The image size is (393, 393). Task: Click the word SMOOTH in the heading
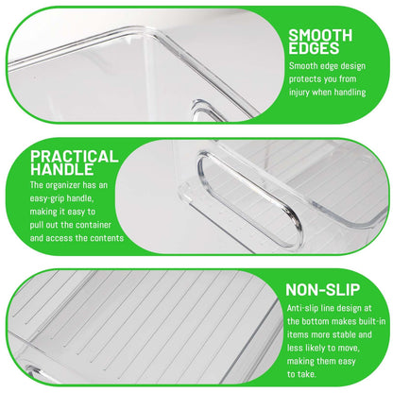320,36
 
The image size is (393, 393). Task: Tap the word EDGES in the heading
314,49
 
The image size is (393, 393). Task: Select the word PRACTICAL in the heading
75,157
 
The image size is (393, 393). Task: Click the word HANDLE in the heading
62,169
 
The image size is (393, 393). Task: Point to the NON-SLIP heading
323,290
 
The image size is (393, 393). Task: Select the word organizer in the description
63,185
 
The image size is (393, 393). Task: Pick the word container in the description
94,225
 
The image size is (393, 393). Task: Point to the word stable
345,334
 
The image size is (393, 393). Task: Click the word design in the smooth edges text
353,66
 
